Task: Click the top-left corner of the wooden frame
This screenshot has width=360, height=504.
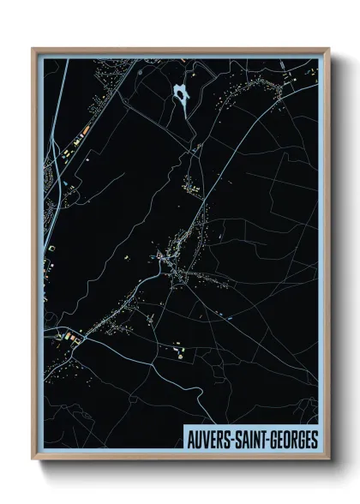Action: tap(33, 49)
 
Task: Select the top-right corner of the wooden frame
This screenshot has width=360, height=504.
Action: tap(328, 49)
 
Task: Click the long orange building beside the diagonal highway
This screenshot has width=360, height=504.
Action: tap(85, 132)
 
